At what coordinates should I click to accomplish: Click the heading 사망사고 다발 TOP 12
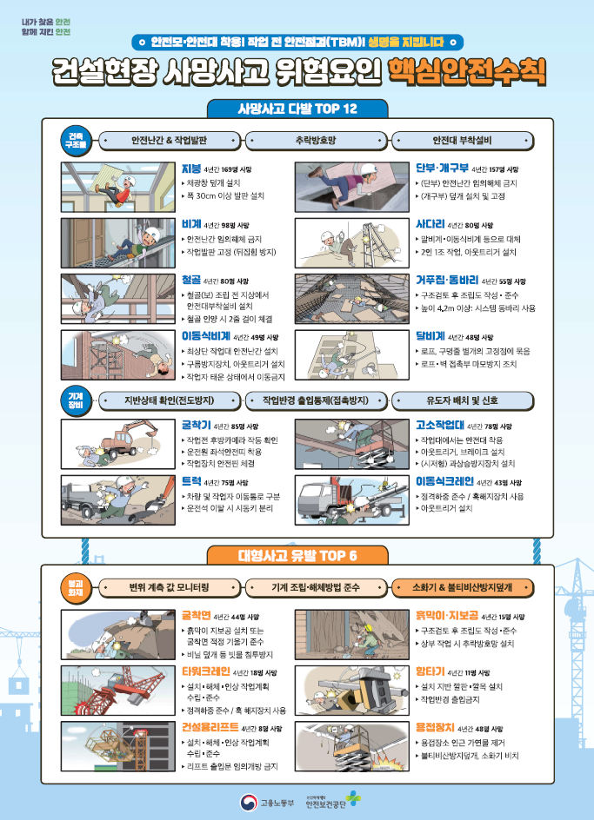pyautogui.click(x=297, y=109)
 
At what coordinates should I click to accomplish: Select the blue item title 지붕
pyautogui.click(x=190, y=169)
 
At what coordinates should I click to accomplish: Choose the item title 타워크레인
pyautogui.click(x=205, y=671)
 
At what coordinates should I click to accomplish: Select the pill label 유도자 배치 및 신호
pyautogui.click(x=462, y=400)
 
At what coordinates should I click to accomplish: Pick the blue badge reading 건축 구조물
pyautogui.click(x=77, y=139)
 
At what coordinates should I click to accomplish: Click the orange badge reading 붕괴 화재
pyautogui.click(x=77, y=587)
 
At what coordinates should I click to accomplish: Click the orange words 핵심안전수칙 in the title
pyautogui.click(x=467, y=69)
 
